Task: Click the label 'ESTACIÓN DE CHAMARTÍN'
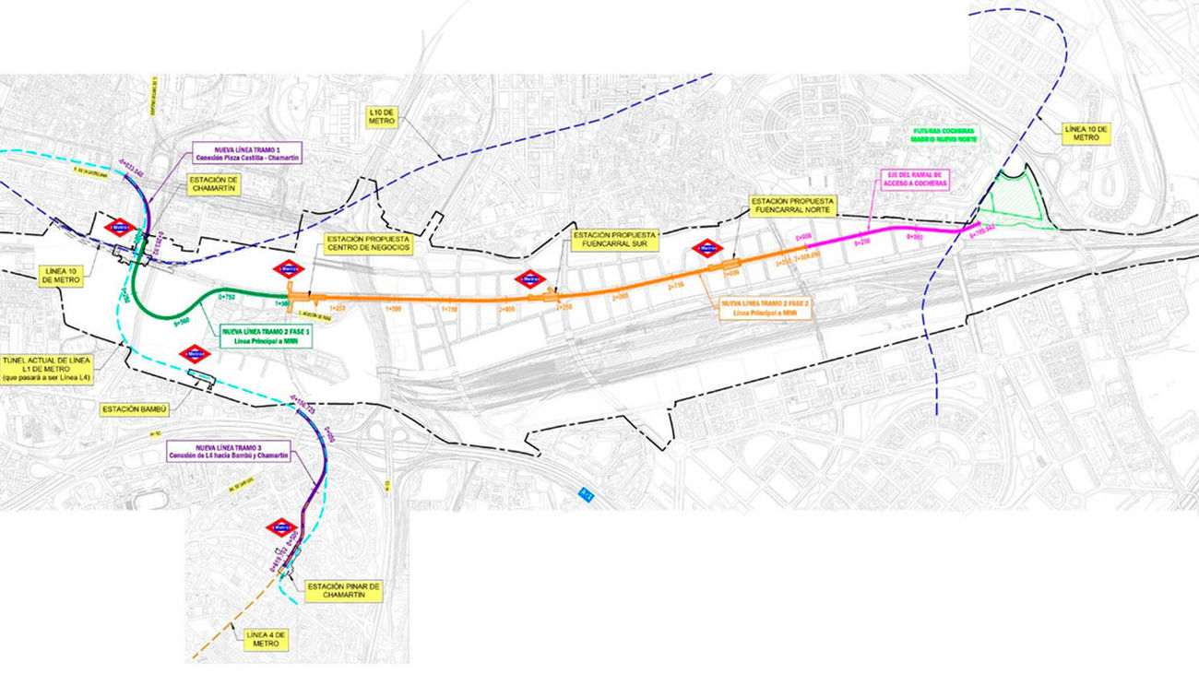(216, 185)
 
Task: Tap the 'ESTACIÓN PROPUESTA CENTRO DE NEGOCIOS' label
(367, 243)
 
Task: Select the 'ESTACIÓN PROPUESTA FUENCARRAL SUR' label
(615, 241)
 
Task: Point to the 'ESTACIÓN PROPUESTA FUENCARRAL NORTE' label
(792, 207)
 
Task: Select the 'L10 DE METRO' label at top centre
(382, 116)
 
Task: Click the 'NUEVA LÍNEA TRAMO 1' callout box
(245, 153)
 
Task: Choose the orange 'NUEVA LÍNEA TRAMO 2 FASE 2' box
(765, 308)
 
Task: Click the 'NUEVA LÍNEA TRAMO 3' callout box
(226, 452)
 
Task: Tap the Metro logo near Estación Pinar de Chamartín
(279, 527)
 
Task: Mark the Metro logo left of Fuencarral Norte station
(706, 248)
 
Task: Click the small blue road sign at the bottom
(585, 494)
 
